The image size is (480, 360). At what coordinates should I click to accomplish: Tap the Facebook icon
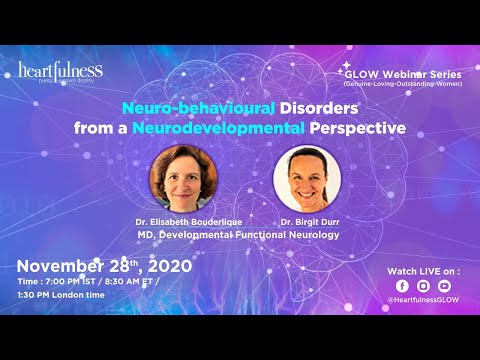(x=402, y=285)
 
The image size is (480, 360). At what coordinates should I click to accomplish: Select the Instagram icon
(x=423, y=285)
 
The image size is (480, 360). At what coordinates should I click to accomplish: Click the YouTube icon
(x=444, y=285)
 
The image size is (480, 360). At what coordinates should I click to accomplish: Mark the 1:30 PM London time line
(x=66, y=299)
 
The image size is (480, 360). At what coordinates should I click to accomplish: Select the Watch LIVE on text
(x=422, y=270)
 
